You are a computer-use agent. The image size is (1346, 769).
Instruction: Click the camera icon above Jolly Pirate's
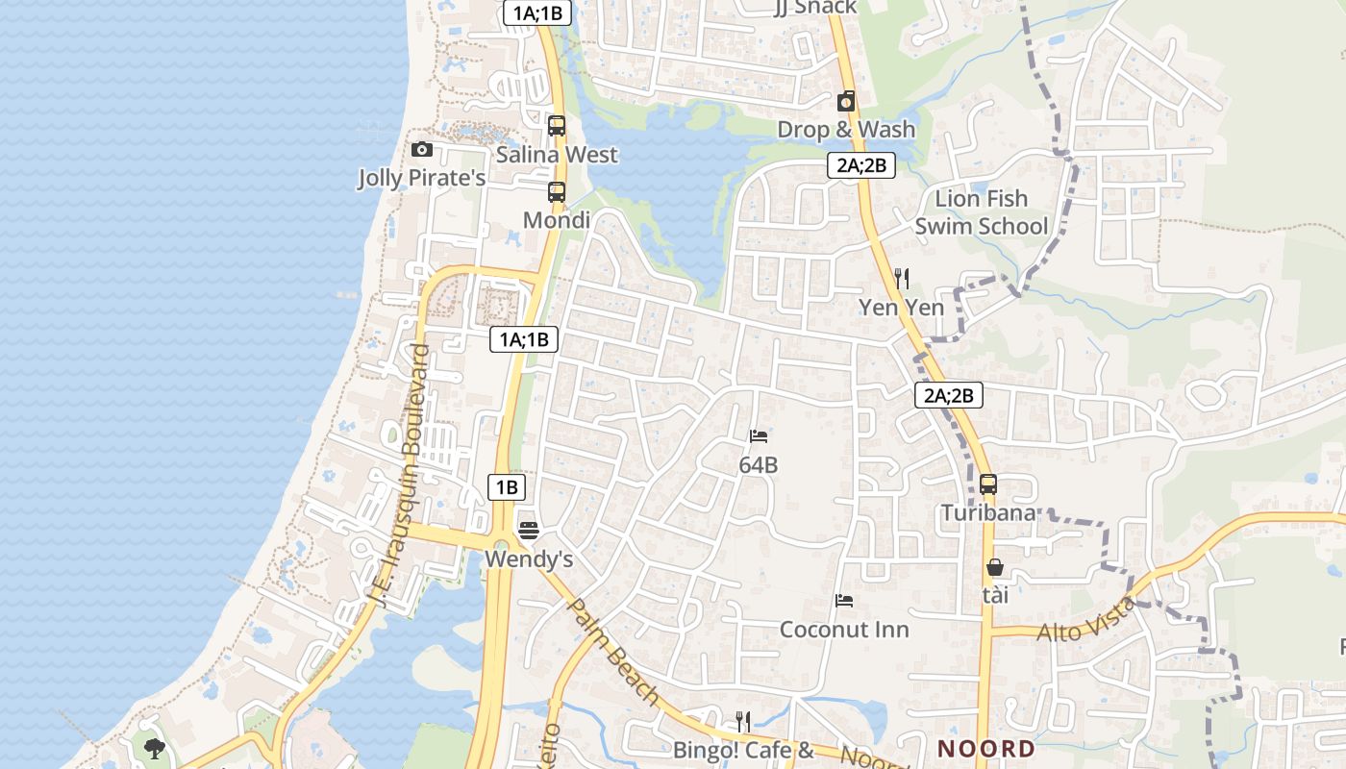tap(421, 149)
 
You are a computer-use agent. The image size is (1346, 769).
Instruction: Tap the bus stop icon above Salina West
tap(556, 125)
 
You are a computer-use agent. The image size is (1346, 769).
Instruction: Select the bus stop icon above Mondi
tap(556, 191)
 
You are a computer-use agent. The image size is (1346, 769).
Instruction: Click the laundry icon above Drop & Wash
tap(846, 100)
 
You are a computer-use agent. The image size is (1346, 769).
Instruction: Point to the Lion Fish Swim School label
tap(981, 212)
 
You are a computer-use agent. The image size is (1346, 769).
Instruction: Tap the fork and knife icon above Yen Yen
tap(901, 279)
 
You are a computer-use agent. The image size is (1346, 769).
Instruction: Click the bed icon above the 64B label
tap(759, 435)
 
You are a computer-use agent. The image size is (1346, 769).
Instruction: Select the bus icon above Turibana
tap(988, 484)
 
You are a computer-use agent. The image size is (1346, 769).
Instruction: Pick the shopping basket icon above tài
tap(995, 568)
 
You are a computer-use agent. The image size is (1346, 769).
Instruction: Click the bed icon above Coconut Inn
tap(844, 601)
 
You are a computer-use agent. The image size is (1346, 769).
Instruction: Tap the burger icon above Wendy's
tap(528, 530)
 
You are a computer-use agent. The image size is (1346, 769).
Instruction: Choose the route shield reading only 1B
tap(507, 487)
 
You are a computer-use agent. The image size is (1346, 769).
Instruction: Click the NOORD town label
tap(986, 749)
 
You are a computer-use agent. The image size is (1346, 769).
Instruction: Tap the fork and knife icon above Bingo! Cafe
tap(742, 721)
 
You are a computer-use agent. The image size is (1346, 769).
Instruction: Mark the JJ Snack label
tap(814, 8)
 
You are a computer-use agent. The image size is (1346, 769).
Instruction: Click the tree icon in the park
tap(153, 748)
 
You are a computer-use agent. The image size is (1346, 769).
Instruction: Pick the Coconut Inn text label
tap(844, 630)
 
